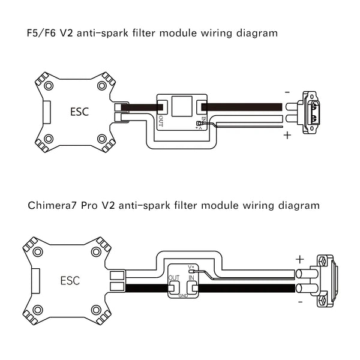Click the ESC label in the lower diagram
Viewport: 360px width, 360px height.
click(70, 280)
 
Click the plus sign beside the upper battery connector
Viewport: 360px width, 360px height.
click(287, 135)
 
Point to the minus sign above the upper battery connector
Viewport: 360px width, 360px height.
click(287, 92)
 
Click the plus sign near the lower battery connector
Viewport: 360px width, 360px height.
click(299, 259)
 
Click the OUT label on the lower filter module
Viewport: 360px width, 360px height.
click(174, 278)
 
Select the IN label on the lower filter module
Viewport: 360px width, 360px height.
click(191, 278)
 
